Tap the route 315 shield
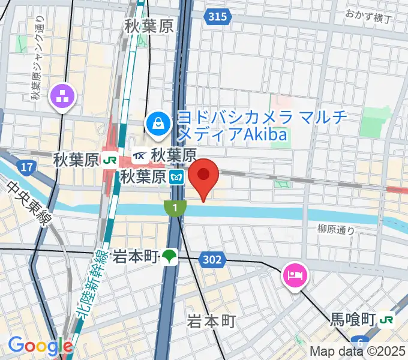218,17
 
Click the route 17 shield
26,166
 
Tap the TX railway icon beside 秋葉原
140,156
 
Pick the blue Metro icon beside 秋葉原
176,177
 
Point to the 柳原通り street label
336,229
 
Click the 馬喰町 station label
354,319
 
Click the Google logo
40,346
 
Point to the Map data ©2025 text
358,352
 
